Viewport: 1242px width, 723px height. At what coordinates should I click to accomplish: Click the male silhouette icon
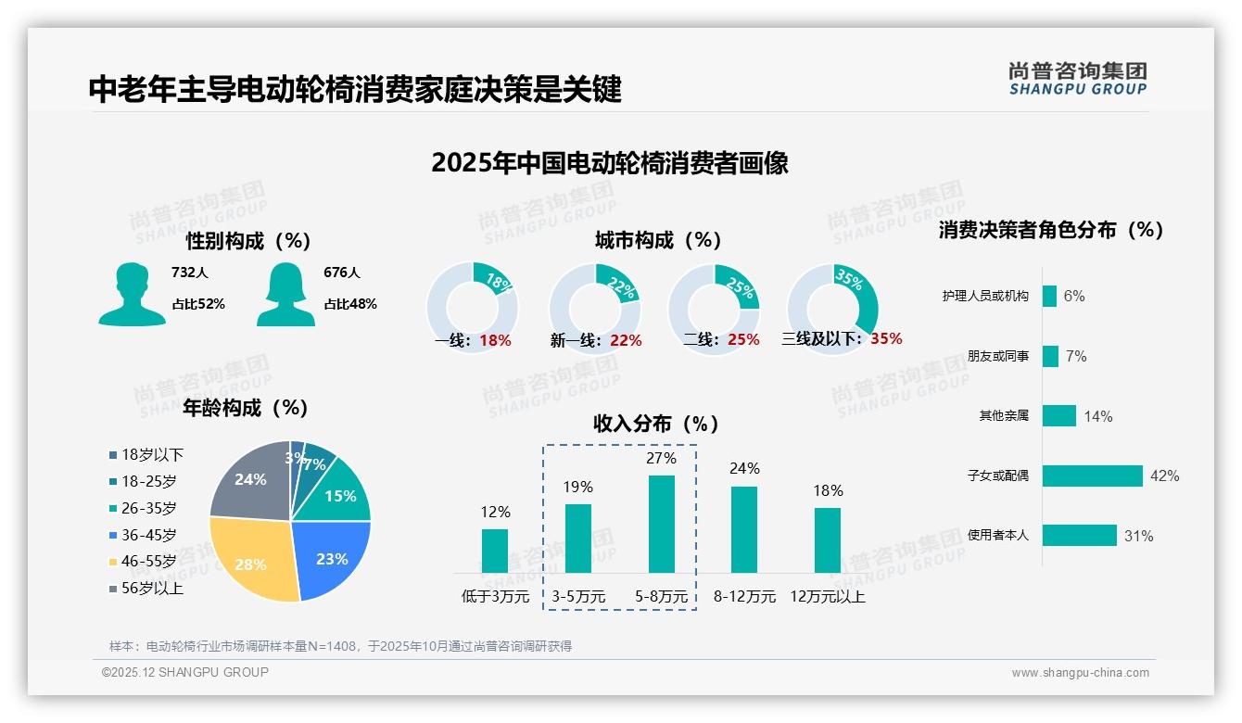[132, 295]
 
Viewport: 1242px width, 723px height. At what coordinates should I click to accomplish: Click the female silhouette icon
[285, 295]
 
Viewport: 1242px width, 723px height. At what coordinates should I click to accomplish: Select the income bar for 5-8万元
[661, 524]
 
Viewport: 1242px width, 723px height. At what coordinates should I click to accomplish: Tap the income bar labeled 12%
[495, 551]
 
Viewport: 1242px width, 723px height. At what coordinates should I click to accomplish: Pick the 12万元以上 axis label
[827, 597]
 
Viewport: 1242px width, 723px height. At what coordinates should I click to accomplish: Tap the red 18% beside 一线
[495, 340]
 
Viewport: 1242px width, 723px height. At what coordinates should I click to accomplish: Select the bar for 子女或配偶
[1092, 476]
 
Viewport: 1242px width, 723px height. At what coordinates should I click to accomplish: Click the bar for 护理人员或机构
[1049, 296]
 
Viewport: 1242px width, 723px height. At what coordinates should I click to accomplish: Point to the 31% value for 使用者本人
[1138, 536]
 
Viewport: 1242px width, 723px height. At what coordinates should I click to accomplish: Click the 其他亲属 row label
[1004, 415]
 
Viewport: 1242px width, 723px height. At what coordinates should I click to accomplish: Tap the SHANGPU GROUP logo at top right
[1077, 79]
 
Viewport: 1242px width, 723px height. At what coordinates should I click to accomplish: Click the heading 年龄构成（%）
[246, 408]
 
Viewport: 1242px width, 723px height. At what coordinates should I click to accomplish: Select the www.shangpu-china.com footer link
[1080, 673]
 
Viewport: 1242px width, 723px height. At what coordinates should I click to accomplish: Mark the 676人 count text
[342, 273]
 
